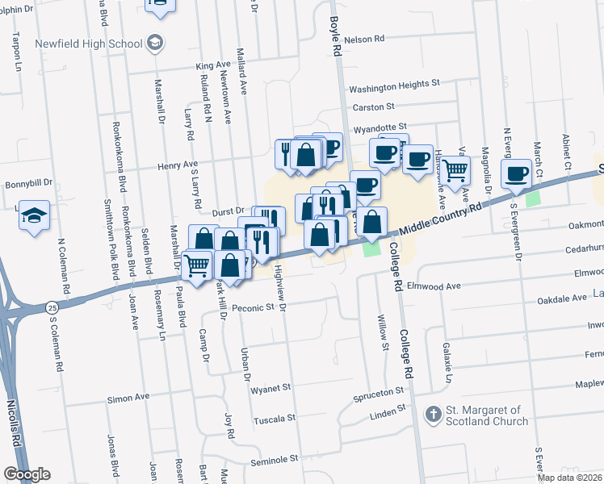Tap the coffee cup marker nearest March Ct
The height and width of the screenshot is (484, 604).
click(x=516, y=173)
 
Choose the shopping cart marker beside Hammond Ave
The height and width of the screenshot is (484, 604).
click(x=455, y=170)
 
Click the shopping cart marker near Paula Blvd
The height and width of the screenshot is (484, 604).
click(x=197, y=263)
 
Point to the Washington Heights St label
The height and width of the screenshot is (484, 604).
click(x=393, y=83)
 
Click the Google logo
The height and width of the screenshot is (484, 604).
click(x=27, y=474)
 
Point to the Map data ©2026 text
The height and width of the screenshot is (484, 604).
click(x=568, y=478)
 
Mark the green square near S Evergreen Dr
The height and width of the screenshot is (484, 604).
click(x=532, y=198)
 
